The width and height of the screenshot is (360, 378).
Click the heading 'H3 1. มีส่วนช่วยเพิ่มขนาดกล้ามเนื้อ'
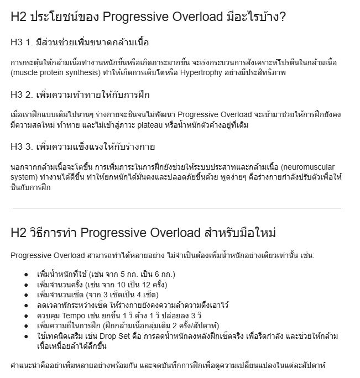(80, 42)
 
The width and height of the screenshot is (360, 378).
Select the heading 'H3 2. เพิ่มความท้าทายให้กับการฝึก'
(80, 95)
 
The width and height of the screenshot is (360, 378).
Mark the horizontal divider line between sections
(176, 208)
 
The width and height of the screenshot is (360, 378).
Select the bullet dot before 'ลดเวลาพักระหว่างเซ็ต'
(26, 305)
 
